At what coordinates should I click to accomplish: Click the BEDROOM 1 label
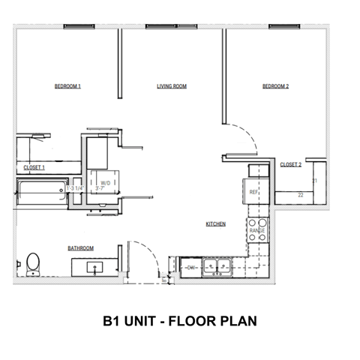[67, 87]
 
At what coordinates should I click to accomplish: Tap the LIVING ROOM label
[171, 87]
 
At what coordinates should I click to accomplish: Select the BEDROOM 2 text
[275, 87]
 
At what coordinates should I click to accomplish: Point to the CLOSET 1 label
[34, 167]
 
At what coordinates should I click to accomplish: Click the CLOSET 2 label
[290, 164]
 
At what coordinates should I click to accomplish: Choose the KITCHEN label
[216, 224]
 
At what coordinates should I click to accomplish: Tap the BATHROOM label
[80, 248]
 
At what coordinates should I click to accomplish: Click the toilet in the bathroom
[33, 263]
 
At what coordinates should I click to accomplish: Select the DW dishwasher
[190, 266]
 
